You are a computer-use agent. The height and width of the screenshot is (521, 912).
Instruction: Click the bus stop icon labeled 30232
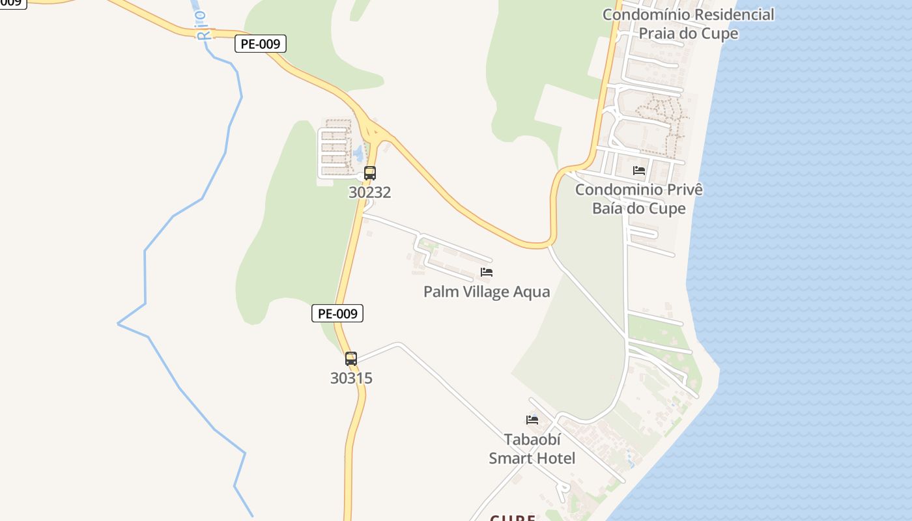(x=370, y=173)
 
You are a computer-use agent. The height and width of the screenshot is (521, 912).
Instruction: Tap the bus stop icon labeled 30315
(x=351, y=358)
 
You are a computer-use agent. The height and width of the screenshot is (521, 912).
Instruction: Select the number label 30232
(x=370, y=193)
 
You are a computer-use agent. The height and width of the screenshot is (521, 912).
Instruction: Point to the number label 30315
(x=351, y=378)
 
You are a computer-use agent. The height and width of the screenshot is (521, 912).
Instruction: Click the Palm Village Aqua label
(x=487, y=292)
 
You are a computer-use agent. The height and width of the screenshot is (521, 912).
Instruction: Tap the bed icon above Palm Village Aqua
(x=487, y=272)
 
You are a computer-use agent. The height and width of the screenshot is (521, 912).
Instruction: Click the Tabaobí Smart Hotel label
(x=532, y=449)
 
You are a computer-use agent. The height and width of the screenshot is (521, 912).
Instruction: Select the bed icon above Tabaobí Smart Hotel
(x=532, y=420)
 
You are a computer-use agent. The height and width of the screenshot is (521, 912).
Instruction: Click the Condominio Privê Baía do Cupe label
(x=639, y=199)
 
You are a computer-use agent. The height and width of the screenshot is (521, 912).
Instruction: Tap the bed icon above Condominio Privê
(x=639, y=171)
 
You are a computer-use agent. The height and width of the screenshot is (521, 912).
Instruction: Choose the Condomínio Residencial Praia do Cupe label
(x=689, y=24)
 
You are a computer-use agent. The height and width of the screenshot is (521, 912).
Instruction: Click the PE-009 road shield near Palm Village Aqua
(x=337, y=313)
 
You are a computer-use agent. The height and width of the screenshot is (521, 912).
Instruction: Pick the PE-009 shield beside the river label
(x=261, y=44)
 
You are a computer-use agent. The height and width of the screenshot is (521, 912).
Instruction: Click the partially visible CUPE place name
(x=513, y=518)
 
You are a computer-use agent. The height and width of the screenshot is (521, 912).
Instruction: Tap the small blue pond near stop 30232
(x=358, y=154)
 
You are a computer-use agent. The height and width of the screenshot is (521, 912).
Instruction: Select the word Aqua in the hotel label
(x=532, y=292)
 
